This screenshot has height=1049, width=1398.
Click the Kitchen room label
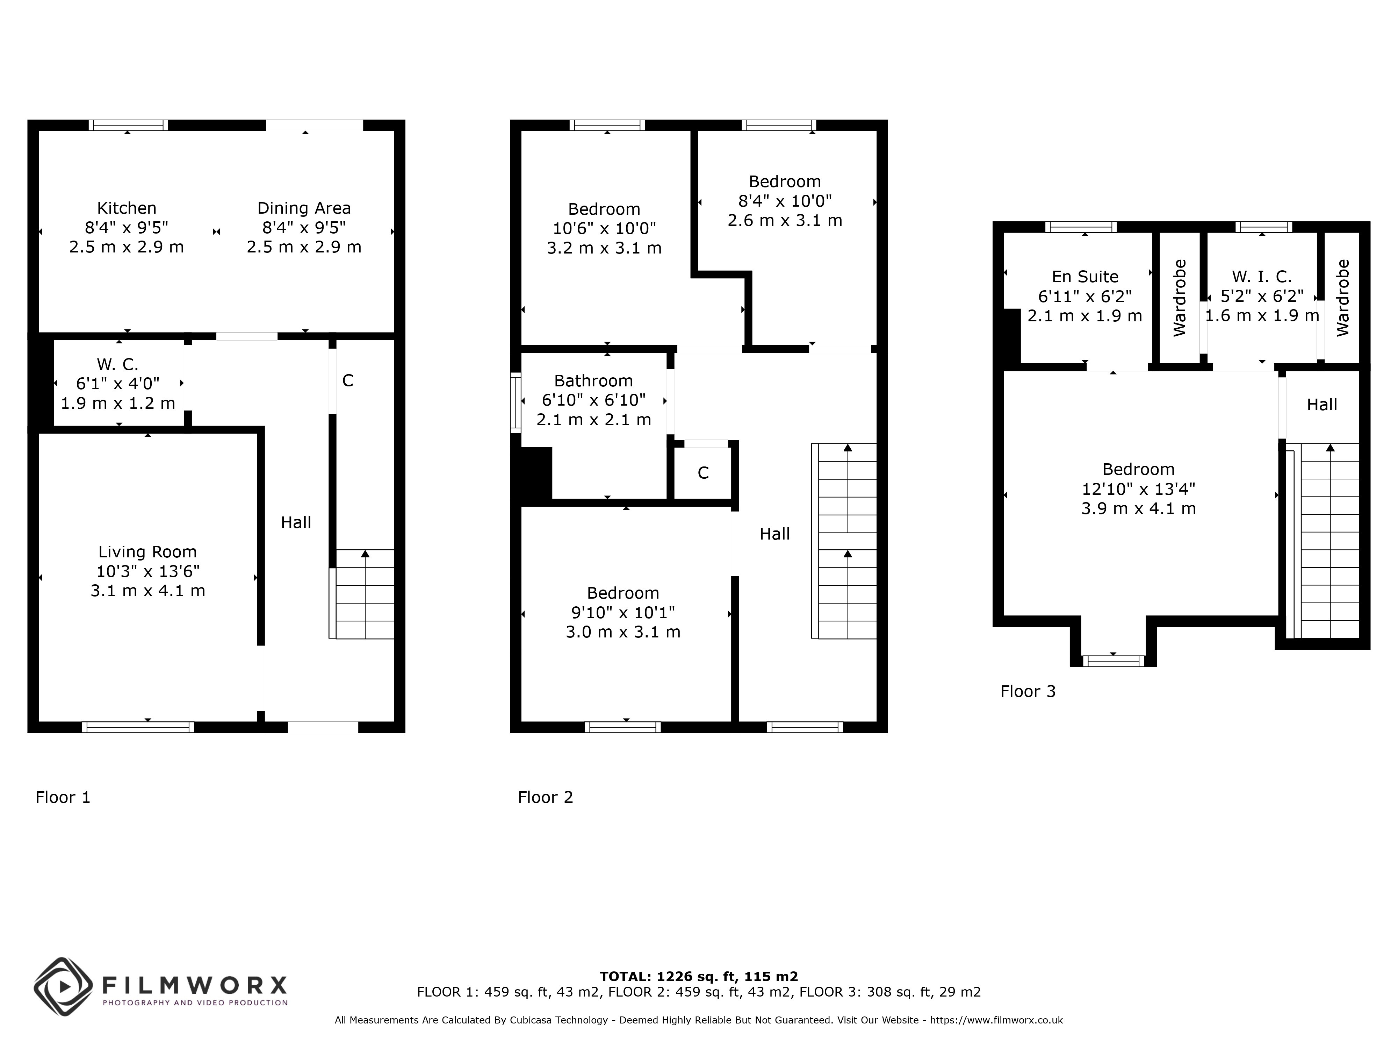(127, 208)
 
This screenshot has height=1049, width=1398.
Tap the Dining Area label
(304, 208)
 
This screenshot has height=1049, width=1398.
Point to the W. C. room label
(117, 364)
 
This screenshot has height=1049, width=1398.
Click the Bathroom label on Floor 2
(593, 381)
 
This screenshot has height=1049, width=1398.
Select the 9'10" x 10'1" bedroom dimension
(623, 612)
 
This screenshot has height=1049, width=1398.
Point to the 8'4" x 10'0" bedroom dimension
(785, 201)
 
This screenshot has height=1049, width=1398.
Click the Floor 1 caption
(63, 797)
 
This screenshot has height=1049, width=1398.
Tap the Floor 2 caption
(546, 797)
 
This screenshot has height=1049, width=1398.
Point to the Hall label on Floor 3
(1322, 405)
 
